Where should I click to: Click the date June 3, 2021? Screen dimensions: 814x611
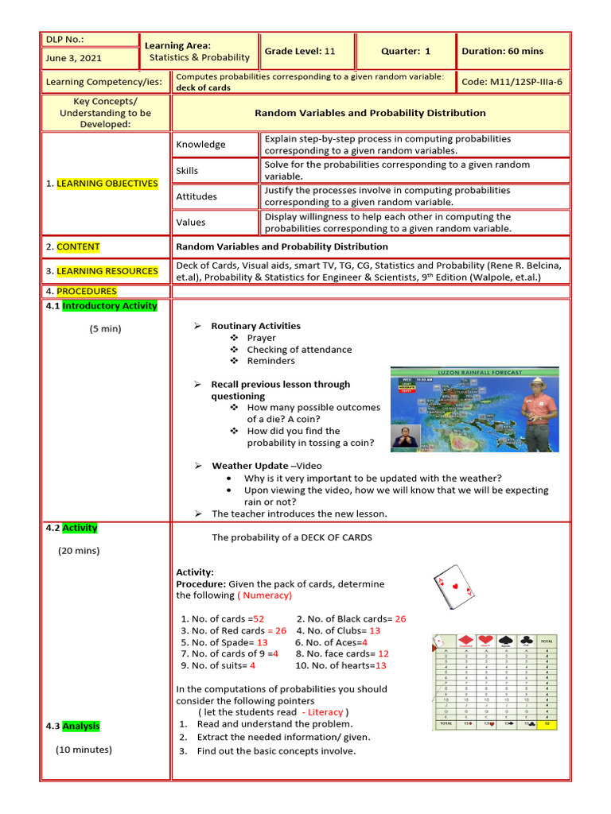(x=74, y=58)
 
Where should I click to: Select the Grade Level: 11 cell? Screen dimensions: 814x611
(x=300, y=51)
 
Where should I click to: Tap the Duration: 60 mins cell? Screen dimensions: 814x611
(x=502, y=51)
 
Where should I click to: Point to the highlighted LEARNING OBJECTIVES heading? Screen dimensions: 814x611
(x=107, y=184)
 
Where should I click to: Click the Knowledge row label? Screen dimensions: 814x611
(x=200, y=145)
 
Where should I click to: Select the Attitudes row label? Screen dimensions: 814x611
(x=197, y=196)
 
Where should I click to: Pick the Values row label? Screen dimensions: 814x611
(x=191, y=223)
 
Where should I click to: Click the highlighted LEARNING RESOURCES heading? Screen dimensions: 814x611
(x=107, y=271)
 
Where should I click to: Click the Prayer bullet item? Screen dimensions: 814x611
(x=261, y=338)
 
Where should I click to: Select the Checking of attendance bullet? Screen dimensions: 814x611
(x=298, y=349)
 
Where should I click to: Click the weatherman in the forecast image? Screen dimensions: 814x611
(x=539, y=409)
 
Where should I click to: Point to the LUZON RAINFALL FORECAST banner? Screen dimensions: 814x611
(x=480, y=372)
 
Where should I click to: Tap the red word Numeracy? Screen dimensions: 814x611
(x=267, y=595)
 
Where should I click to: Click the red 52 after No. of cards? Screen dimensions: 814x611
(x=259, y=618)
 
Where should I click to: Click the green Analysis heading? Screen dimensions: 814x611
(x=81, y=726)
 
